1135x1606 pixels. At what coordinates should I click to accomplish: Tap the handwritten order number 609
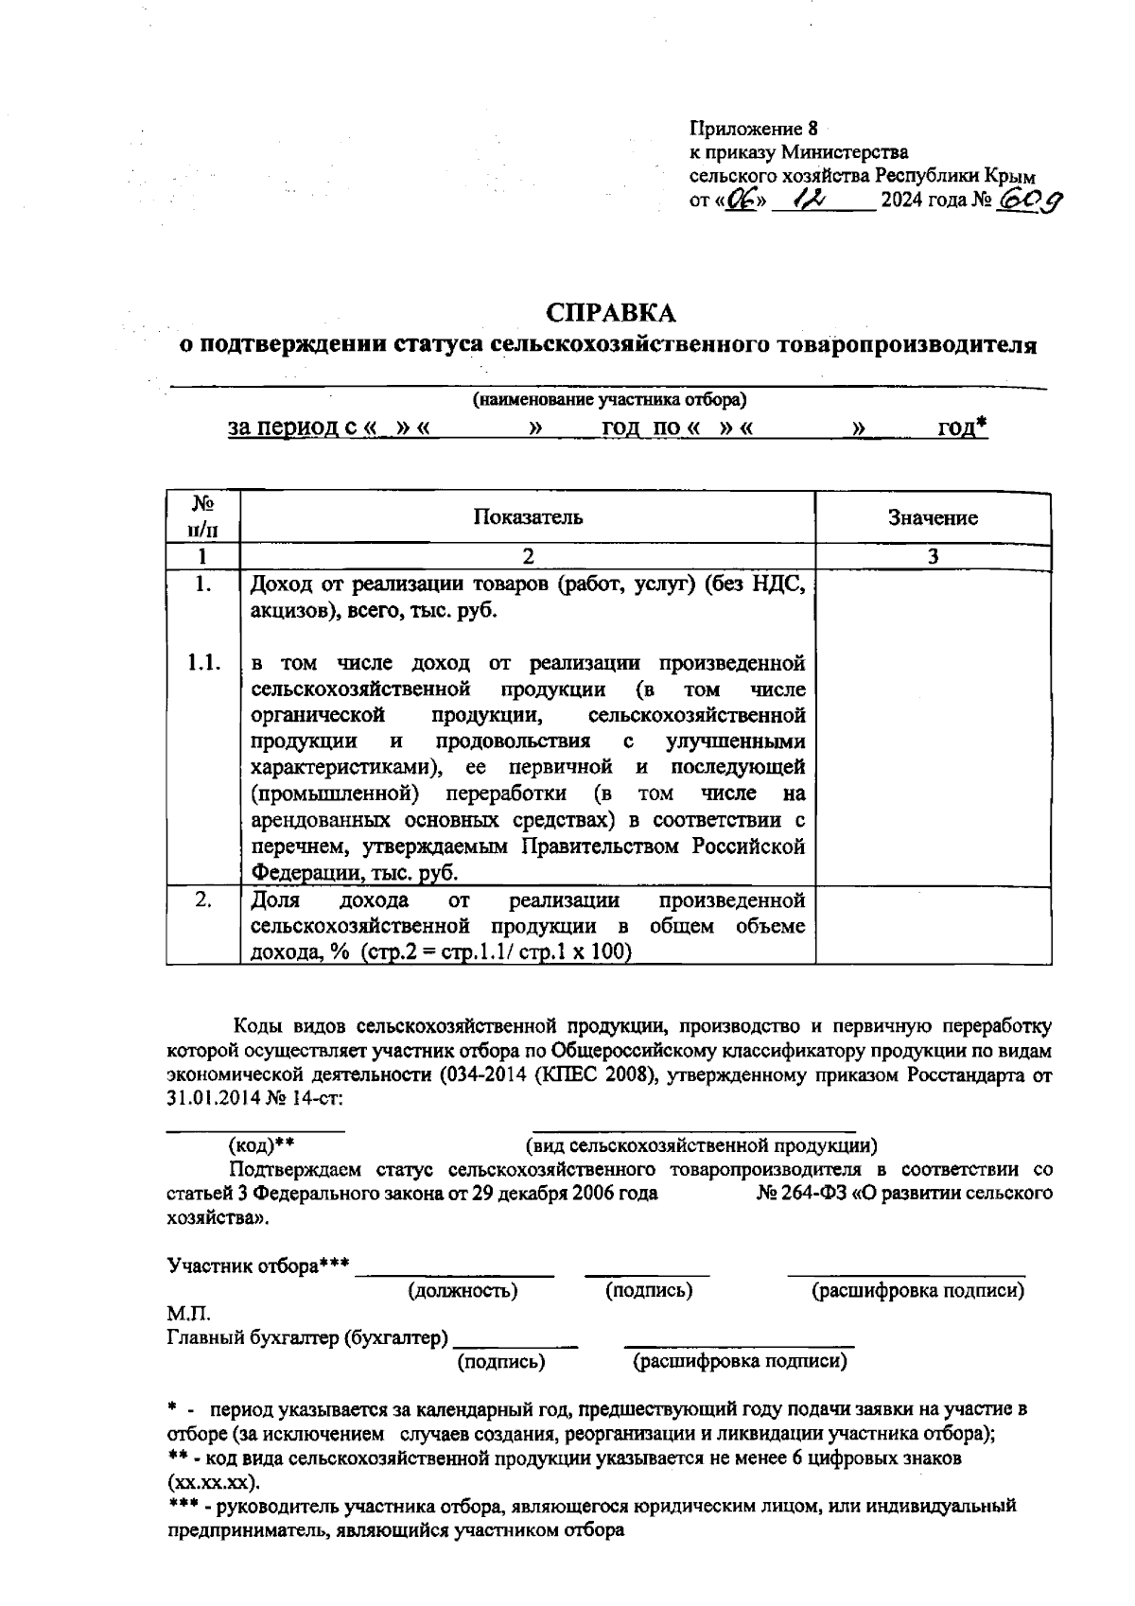coord(1029,201)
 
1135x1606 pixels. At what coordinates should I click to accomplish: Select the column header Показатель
coord(528,516)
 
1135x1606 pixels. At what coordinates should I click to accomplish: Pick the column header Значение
coord(933,517)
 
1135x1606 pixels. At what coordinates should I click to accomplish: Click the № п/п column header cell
coord(202,516)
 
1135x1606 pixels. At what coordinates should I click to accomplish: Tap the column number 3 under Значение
coord(933,556)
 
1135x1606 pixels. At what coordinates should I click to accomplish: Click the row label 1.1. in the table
coord(203,663)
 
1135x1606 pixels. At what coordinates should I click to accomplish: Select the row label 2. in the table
coord(203,899)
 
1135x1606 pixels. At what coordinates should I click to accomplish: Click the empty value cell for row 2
coord(933,925)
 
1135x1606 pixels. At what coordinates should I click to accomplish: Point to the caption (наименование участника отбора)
coord(610,400)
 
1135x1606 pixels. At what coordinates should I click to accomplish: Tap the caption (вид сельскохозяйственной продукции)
coord(701,1146)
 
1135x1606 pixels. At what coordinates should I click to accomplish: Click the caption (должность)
coord(463,1290)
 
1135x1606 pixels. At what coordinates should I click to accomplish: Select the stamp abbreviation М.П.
coord(188,1314)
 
